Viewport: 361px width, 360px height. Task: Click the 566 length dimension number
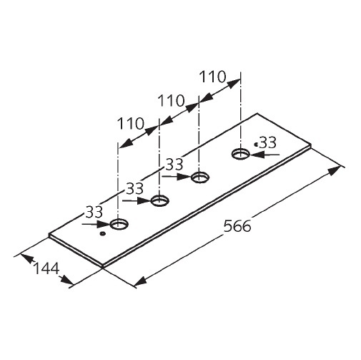coord(237,226)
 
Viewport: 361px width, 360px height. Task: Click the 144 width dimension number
coord(46,268)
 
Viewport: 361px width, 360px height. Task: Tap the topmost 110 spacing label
coord(212,77)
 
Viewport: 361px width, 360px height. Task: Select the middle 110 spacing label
coord(172,100)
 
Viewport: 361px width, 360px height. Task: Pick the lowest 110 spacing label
coord(131,124)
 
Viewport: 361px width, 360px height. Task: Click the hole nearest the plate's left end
coord(119,224)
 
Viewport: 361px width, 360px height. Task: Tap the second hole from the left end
coord(160,200)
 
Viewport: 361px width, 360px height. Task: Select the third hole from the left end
coord(200,177)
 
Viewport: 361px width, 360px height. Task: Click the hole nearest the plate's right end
coord(241,153)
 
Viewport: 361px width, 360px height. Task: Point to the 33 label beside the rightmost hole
coord(268,142)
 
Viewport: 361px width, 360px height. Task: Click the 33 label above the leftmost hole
coord(94,212)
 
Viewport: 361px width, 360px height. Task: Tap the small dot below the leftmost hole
coord(103,234)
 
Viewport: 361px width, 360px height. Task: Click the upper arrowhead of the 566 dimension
coord(333,170)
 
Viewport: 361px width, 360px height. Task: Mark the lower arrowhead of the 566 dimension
coord(141,281)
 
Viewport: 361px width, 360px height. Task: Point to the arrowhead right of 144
coord(66,281)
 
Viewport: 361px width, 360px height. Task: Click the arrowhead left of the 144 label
coord(26,258)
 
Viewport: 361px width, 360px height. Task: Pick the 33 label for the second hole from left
coord(134,188)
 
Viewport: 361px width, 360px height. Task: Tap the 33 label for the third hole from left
coord(174,165)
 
